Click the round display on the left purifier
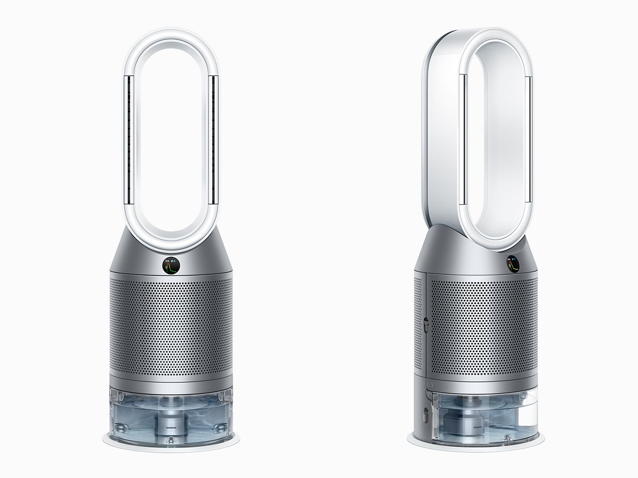(170, 266)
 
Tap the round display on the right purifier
(513, 264)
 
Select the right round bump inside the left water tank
(222, 429)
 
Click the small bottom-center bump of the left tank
(170, 439)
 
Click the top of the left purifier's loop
(170, 36)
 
